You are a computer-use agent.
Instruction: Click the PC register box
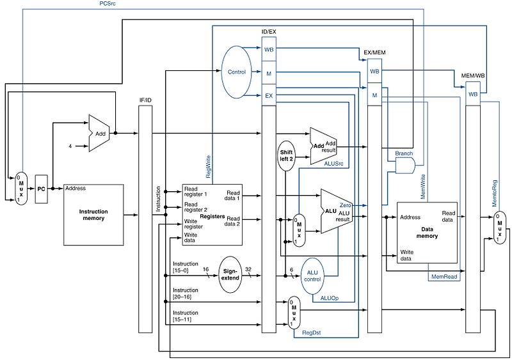tap(41, 189)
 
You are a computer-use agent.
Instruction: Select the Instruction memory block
tap(93, 215)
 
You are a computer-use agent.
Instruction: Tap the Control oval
tap(237, 72)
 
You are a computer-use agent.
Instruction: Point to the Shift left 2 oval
tap(285, 155)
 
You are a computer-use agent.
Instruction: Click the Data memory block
tap(427, 231)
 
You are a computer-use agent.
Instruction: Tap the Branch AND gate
tap(404, 166)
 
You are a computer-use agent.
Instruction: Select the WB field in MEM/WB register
tap(473, 94)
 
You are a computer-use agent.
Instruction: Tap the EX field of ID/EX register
tap(269, 96)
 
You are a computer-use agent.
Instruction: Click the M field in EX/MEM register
tap(374, 95)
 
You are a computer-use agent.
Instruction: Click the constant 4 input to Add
tap(70, 146)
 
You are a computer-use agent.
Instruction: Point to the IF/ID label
tap(146, 100)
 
